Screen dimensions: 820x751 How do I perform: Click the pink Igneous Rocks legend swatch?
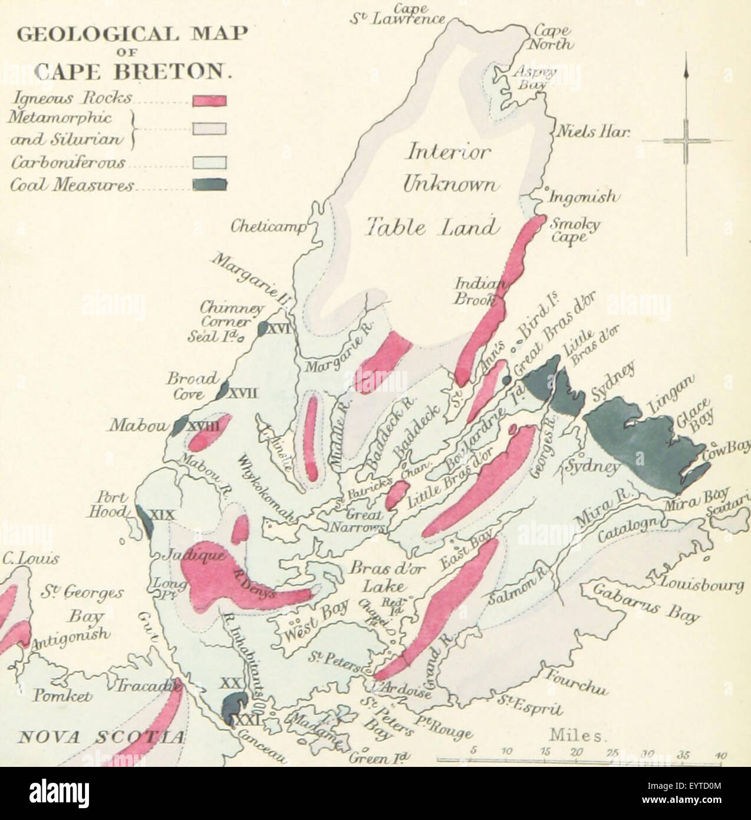coord(209,101)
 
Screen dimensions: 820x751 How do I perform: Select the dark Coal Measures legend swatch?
coord(209,184)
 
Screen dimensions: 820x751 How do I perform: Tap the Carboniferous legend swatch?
coord(209,162)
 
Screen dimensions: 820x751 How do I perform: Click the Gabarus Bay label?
coord(645,603)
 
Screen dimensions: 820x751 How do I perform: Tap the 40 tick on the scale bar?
coord(721,754)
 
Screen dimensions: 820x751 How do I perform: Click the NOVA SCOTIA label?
coord(101,737)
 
